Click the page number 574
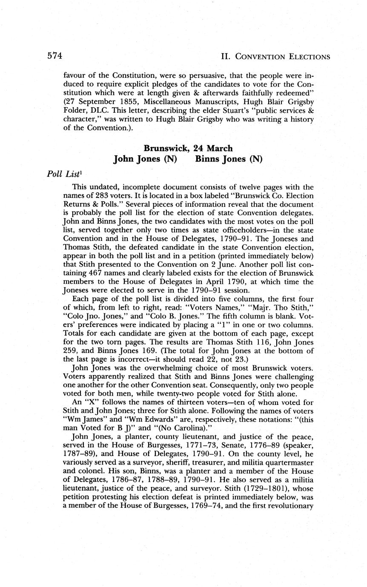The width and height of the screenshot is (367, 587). coord(55,56)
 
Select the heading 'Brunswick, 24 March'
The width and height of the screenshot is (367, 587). coord(188,148)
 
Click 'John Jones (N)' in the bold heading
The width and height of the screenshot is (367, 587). coord(145,159)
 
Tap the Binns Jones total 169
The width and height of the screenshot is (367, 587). coord(145,350)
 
